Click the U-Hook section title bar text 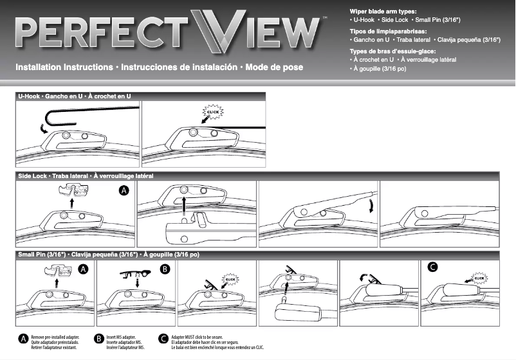point(75,96)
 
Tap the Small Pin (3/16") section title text point(109,255)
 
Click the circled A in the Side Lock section point(124,190)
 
